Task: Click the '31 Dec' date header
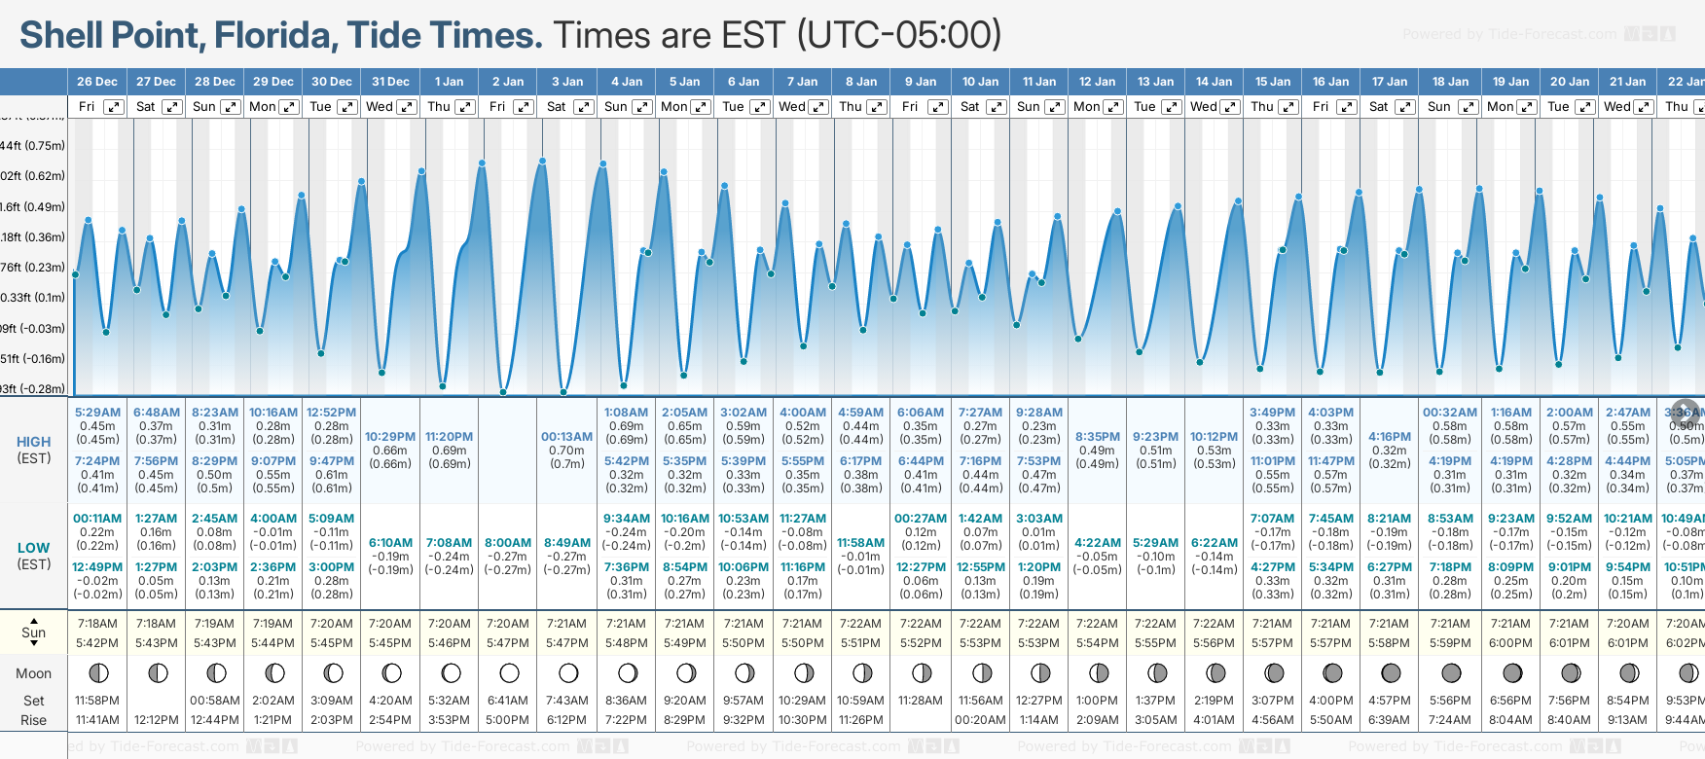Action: (x=390, y=82)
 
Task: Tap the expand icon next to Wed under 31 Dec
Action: (x=407, y=107)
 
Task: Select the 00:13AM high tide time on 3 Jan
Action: (x=566, y=437)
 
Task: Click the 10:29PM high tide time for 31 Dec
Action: (x=390, y=437)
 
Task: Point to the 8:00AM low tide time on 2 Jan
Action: (x=508, y=543)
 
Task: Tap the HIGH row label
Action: (x=34, y=442)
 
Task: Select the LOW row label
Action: (x=34, y=548)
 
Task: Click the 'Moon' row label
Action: (x=34, y=673)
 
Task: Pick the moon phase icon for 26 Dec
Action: (x=98, y=673)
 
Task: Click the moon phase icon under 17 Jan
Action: (x=1392, y=673)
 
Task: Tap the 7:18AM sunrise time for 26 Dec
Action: (x=97, y=624)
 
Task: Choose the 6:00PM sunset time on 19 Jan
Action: (x=1510, y=643)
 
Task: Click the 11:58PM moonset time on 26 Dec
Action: (x=97, y=701)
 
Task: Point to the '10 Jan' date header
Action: (x=980, y=82)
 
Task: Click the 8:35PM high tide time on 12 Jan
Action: (x=1098, y=437)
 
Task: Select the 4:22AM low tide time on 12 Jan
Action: (x=1098, y=543)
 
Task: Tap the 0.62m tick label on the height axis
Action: (x=35, y=176)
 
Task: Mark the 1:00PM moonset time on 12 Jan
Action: (x=1098, y=701)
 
